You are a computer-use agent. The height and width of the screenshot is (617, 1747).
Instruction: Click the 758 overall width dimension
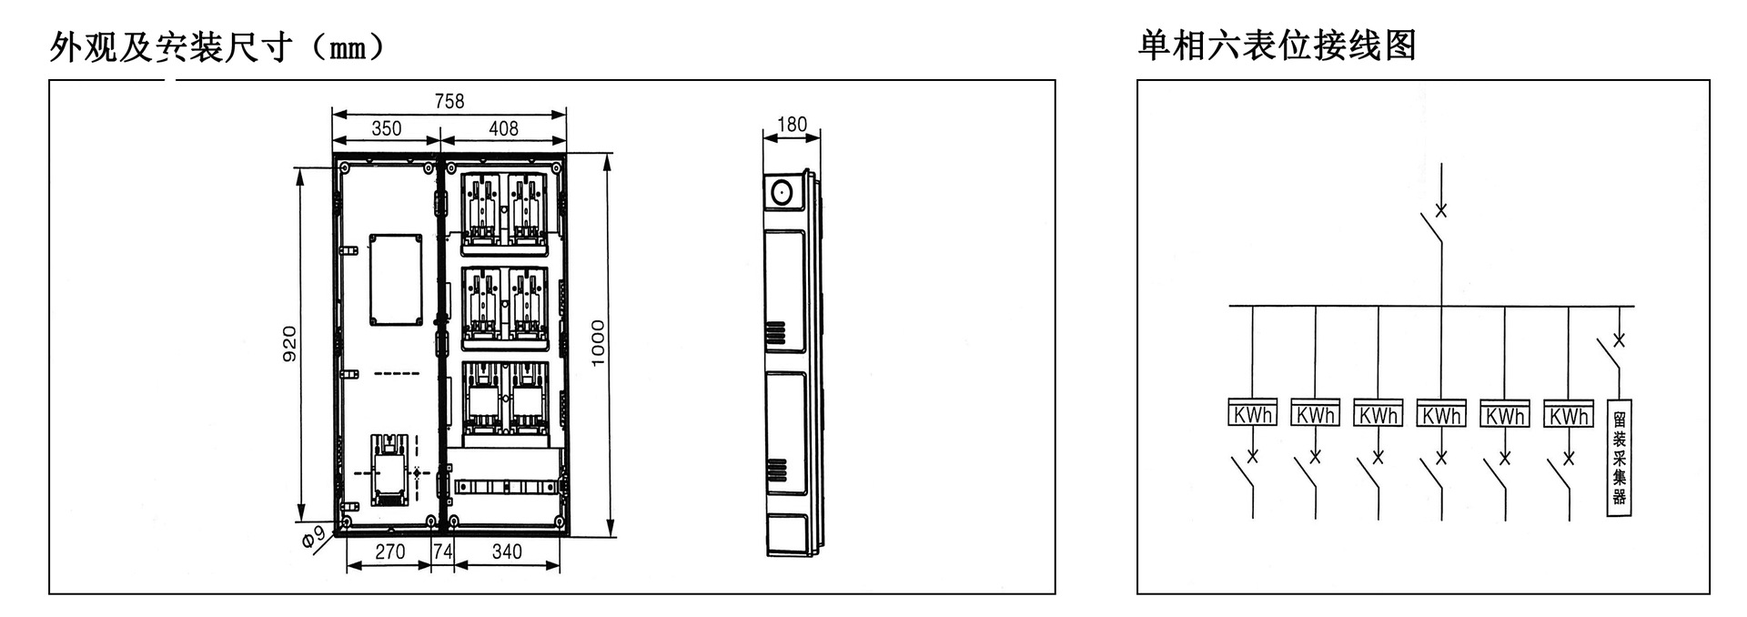coord(449,101)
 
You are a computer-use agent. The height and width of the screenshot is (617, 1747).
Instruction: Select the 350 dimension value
coord(386,128)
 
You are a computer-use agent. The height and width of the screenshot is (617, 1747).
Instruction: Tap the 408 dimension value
coord(503,128)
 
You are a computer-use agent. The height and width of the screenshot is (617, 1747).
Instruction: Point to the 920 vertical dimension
coord(289,344)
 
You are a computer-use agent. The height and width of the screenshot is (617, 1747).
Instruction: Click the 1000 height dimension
coord(598,342)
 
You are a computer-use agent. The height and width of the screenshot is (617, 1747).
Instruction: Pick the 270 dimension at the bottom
coord(389,551)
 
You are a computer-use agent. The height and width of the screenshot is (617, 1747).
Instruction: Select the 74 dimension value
coord(442,551)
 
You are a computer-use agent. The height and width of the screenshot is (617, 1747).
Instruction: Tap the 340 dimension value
coord(507,551)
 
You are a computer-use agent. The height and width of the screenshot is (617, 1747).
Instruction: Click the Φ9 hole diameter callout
coord(313,538)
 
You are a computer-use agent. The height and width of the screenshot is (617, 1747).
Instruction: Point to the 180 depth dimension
coord(792,124)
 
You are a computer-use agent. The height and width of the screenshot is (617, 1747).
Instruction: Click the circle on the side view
coord(781,192)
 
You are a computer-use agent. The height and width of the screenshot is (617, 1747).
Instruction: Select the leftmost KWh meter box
coord(1252,413)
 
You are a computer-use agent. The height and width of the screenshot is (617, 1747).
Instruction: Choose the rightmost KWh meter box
coord(1569,413)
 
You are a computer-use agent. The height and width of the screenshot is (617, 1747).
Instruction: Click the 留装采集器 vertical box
coord(1620,458)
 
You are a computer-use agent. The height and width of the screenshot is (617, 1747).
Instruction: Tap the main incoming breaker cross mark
coord(1440,211)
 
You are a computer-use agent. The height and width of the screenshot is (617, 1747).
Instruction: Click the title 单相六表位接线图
coord(1277,45)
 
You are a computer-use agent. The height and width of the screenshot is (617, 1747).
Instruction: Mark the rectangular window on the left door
coord(396,279)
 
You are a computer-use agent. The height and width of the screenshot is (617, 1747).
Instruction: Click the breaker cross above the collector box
coord(1619,340)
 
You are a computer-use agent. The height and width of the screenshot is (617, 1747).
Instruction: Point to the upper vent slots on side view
coord(776,333)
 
